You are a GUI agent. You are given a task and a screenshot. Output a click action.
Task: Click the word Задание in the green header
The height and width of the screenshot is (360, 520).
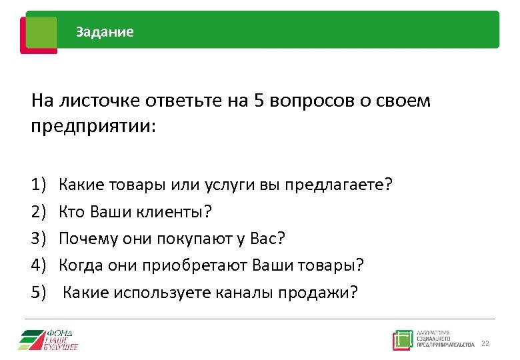click(105, 32)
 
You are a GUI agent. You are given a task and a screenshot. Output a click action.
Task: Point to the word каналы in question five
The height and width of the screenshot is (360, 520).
click(247, 292)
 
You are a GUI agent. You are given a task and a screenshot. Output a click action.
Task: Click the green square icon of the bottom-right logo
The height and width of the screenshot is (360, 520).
click(402, 339)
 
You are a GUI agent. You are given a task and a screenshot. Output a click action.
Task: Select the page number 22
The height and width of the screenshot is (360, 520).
click(485, 343)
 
